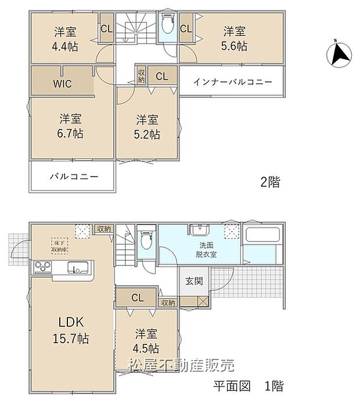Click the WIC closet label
pos(62,84)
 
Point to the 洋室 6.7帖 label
pos(70,126)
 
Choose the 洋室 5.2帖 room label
pos(148,127)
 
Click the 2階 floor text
pos(270,182)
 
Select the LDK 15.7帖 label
pos(72,330)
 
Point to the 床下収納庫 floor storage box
pos(59,245)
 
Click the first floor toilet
pos(146,239)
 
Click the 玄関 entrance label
pos(194,281)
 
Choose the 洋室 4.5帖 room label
pos(147,341)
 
